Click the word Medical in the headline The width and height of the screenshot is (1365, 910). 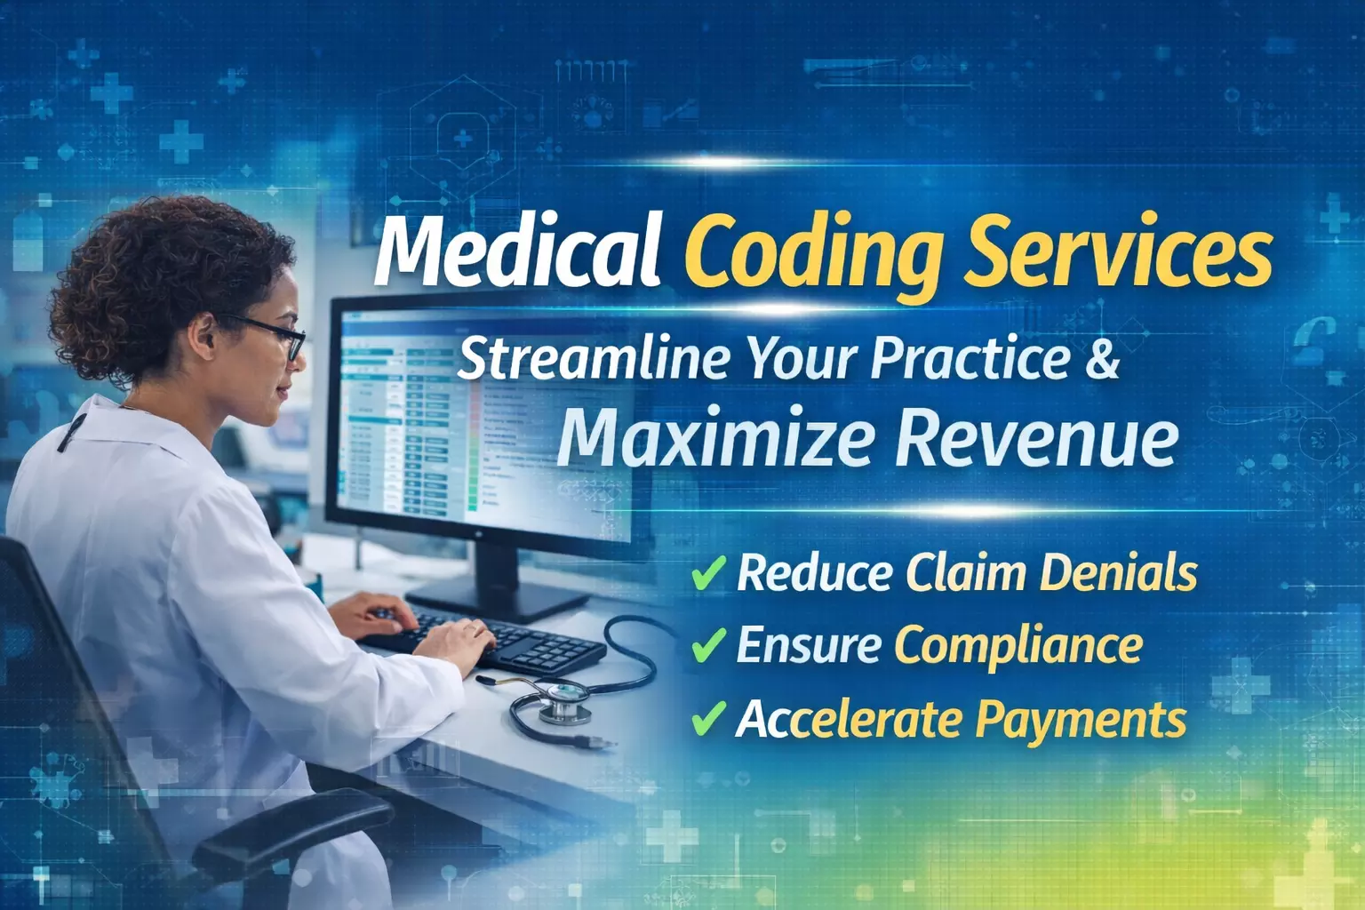click(517, 250)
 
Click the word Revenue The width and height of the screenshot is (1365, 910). click(1036, 437)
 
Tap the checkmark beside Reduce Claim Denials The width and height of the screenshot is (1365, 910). click(708, 572)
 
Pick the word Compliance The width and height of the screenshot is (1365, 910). click(1018, 645)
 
